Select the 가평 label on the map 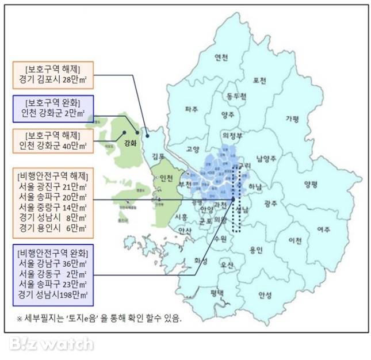tap(292, 118)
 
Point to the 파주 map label tap(192, 108)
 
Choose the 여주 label tap(323, 229)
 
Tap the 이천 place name tap(295, 239)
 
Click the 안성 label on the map tap(265, 295)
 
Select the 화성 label tap(201, 260)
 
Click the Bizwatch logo tap(51, 344)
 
